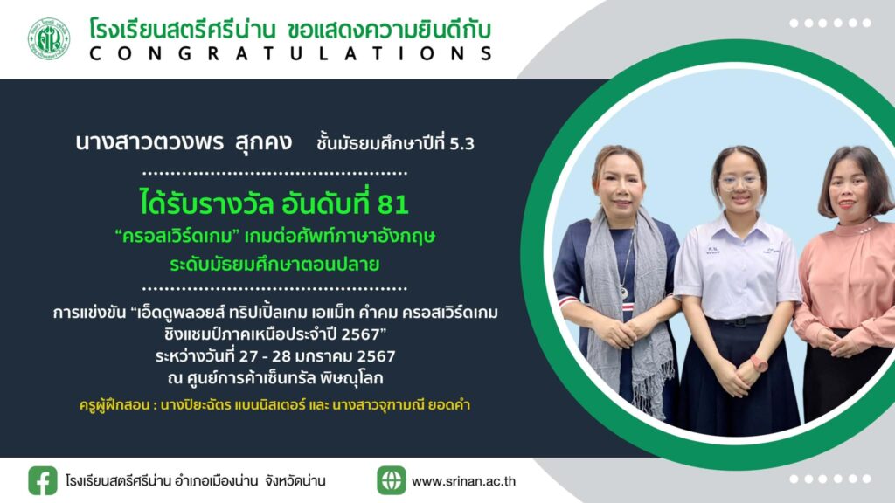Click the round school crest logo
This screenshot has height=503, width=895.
[49, 38]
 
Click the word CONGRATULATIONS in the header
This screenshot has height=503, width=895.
[291, 53]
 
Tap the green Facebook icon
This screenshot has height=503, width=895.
[43, 481]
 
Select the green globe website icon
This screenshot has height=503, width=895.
[392, 480]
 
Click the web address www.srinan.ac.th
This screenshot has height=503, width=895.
[463, 481]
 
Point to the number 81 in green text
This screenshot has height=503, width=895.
[392, 204]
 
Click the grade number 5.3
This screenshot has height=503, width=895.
[461, 144]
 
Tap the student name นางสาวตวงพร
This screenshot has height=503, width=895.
[149, 142]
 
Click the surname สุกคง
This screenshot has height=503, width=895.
[263, 143]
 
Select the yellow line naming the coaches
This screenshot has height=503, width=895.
[274, 405]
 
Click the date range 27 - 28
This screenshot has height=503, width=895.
[264, 356]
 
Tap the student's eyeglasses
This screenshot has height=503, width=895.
[739, 182]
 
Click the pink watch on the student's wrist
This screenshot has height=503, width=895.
[758, 362]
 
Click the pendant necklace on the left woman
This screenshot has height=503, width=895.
[624, 293]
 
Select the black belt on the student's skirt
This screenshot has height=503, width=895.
[738, 321]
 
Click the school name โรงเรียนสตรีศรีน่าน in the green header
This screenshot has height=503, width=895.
[183, 29]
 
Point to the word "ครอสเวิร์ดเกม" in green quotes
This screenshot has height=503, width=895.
[180, 236]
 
